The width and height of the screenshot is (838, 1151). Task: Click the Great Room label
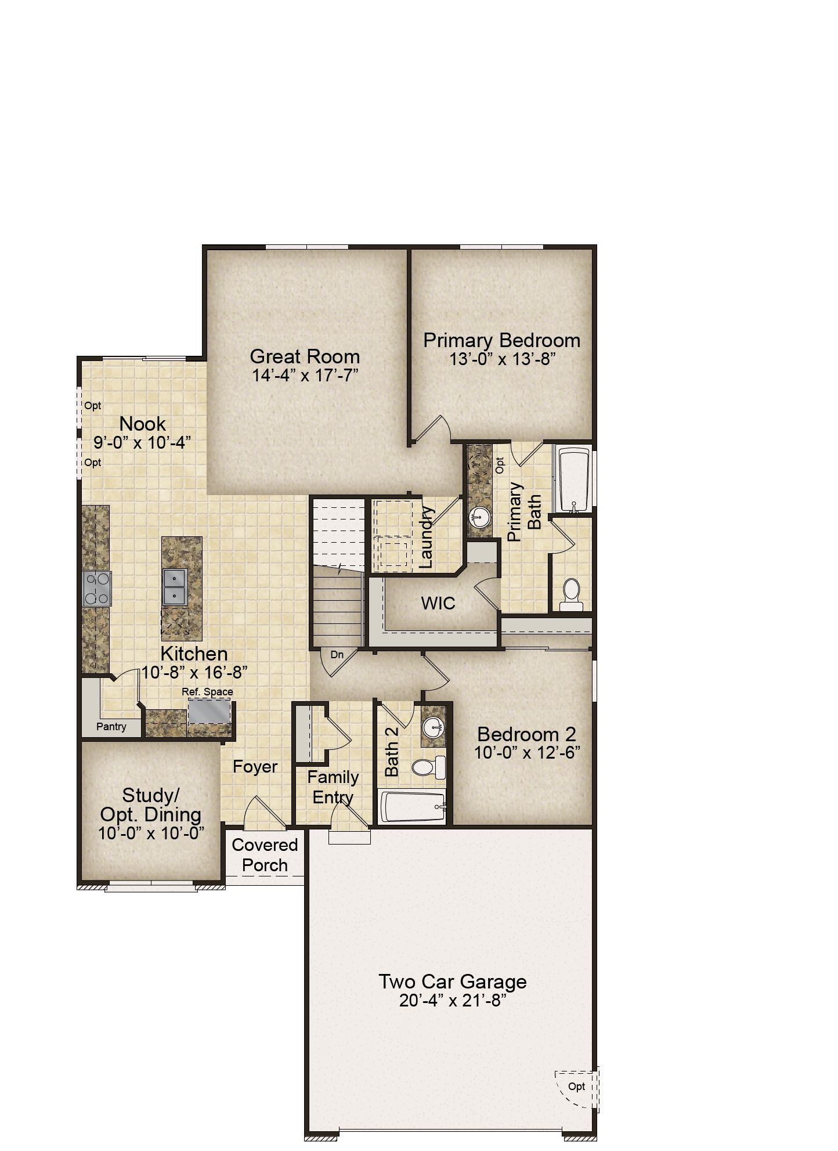[x=305, y=356]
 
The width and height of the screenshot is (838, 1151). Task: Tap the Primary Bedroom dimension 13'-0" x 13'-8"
[x=503, y=359]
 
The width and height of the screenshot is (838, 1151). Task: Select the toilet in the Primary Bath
[x=571, y=594]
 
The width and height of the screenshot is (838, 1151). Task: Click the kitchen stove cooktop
[x=96, y=589]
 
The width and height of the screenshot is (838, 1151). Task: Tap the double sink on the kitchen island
[x=175, y=586]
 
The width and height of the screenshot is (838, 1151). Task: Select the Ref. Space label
[x=207, y=692]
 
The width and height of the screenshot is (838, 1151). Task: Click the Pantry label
[x=111, y=727]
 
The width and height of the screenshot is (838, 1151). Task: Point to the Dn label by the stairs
[x=337, y=655]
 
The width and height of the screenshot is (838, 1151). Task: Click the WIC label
[x=438, y=603]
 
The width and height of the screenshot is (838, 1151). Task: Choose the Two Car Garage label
[x=453, y=982]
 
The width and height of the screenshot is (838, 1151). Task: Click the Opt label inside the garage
[x=576, y=1087]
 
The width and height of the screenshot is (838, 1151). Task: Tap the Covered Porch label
[x=265, y=855]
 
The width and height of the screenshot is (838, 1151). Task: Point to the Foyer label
[x=255, y=767]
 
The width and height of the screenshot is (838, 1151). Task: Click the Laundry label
[x=427, y=537]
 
